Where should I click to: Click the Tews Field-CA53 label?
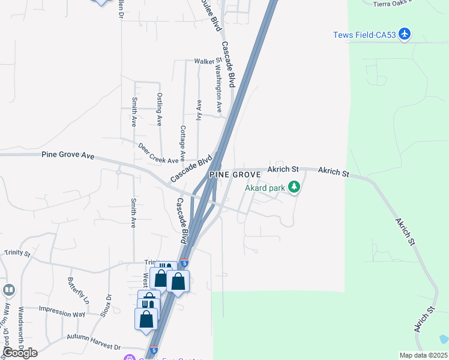click(365, 35)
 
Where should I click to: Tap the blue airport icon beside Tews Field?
click(405, 34)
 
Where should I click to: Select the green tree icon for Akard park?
click(294, 188)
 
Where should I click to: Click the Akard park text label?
click(265, 188)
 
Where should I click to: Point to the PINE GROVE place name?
click(235, 175)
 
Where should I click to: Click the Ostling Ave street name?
click(160, 109)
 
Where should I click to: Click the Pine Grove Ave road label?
click(68, 155)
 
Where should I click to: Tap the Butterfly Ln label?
click(77, 291)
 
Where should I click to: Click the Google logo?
click(20, 352)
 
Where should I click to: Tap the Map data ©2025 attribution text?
click(423, 355)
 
